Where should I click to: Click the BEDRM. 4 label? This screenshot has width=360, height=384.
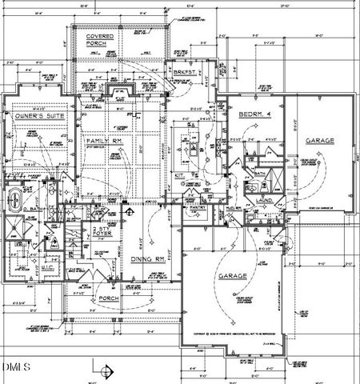255,115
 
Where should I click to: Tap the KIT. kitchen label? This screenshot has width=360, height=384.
181,174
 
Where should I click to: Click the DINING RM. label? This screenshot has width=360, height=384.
147,258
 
